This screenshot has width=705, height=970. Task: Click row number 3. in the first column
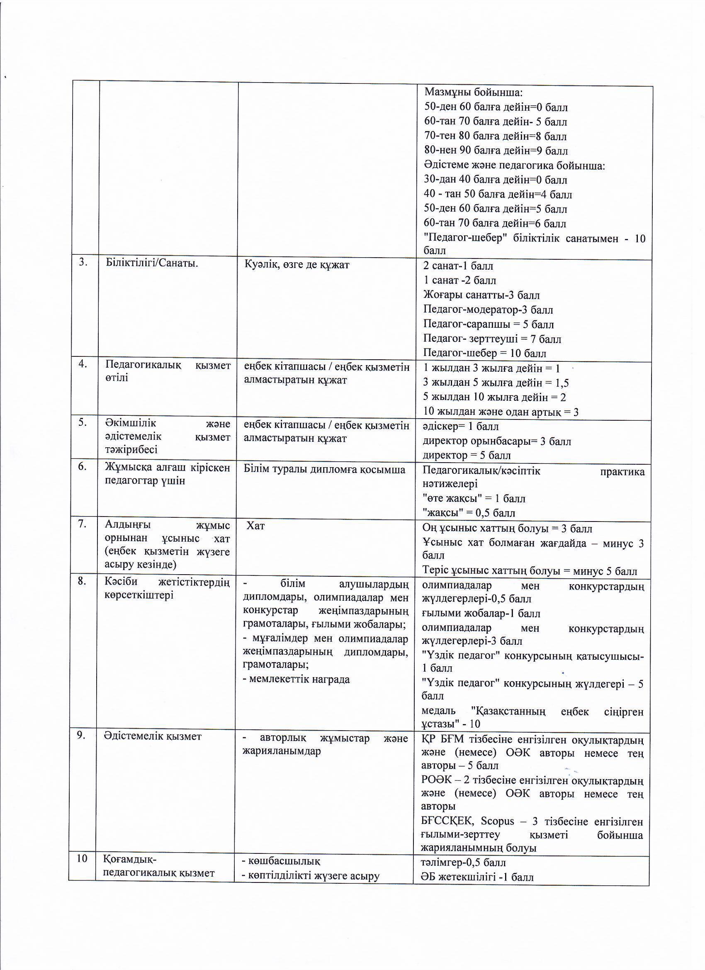(83, 263)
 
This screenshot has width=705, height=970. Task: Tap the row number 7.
(82, 524)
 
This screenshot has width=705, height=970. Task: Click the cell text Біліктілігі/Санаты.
(152, 263)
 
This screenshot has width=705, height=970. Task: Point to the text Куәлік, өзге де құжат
(297, 265)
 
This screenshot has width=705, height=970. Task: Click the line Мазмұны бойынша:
(474, 93)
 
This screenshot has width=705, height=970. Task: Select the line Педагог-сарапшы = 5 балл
(488, 324)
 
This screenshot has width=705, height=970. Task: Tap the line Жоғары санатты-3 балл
(481, 295)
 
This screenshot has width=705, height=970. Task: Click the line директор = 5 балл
(467, 456)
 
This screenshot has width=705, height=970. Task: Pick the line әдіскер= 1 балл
(460, 427)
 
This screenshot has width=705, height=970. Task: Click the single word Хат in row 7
(255, 526)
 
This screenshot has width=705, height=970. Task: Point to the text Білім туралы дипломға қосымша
(324, 470)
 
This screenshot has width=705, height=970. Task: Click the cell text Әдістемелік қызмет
(153, 736)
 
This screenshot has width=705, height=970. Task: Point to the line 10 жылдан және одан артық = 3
(501, 412)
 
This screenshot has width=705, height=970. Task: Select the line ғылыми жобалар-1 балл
(481, 613)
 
